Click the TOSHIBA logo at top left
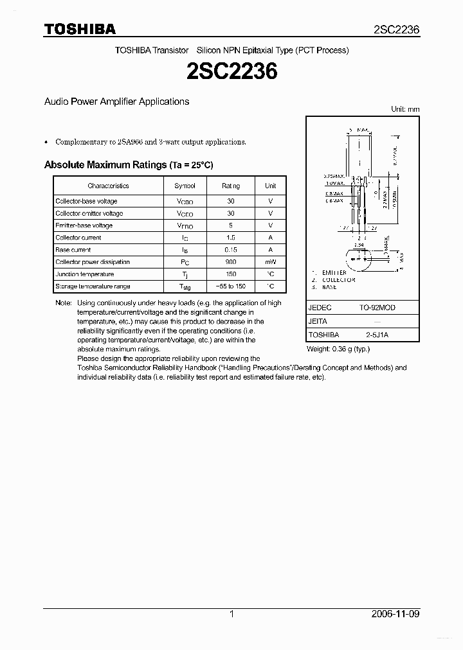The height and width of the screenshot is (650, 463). point(80,29)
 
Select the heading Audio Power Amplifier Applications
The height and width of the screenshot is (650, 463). point(116,101)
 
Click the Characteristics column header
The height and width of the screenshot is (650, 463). point(108,186)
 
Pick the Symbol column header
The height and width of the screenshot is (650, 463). point(185,186)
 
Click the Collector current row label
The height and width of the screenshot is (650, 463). point(78,238)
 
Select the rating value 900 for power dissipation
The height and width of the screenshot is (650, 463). point(231,262)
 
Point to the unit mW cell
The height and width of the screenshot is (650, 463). point(270,262)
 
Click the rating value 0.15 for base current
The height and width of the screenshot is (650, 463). point(231,250)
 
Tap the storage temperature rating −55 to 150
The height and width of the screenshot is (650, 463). point(231,286)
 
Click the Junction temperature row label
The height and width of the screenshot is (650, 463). point(84,274)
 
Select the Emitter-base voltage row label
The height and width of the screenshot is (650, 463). point(84,225)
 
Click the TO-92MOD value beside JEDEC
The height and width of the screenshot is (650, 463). point(377,308)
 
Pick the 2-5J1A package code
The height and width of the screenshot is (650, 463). point(377,335)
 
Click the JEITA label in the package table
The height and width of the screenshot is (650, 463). point(318,321)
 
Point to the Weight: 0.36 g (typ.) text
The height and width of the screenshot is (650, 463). point(338,349)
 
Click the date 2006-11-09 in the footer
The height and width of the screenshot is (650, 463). point(395,614)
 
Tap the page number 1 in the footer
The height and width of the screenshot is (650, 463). point(232,614)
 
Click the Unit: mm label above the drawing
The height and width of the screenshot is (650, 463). point(405,109)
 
